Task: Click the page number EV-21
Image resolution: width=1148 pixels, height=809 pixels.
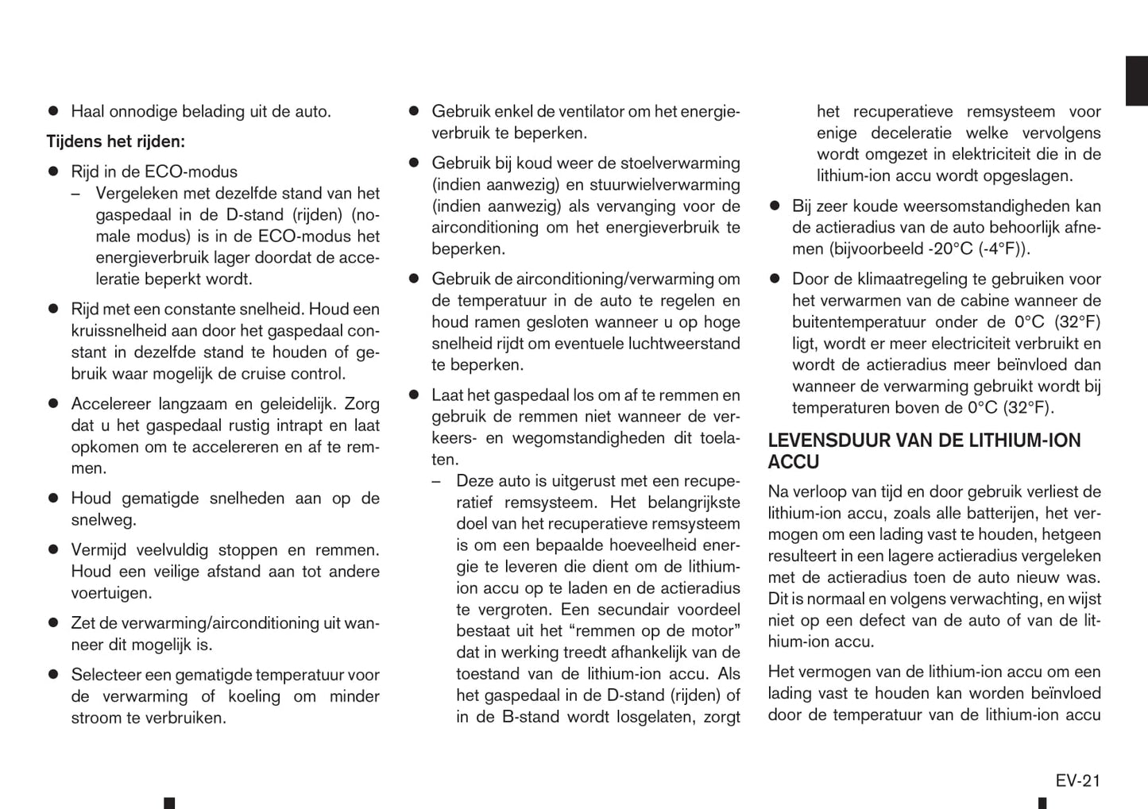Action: (x=1077, y=780)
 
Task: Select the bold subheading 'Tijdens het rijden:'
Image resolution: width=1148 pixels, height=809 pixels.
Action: (x=115, y=141)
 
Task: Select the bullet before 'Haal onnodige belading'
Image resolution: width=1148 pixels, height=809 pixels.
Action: (x=54, y=111)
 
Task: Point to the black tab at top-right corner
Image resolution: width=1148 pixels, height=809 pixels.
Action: (x=1136, y=80)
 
